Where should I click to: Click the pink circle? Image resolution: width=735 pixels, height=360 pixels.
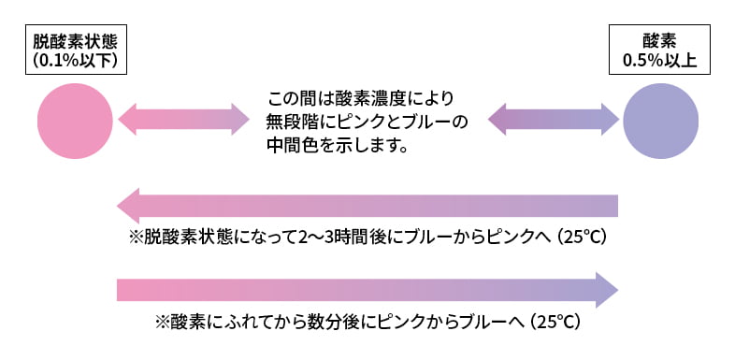75,119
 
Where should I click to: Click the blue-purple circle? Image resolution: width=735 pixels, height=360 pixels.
661,119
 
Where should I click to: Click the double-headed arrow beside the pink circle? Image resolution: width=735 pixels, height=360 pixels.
183,119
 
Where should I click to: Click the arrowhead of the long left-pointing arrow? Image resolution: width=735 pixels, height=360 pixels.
129,206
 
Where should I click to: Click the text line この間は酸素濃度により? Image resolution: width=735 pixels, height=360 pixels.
362,98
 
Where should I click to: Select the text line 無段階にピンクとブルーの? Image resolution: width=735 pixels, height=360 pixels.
367,122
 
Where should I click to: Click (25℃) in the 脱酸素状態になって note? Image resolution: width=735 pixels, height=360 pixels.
583,237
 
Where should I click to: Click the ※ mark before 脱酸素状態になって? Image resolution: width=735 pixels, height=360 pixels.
134,237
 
